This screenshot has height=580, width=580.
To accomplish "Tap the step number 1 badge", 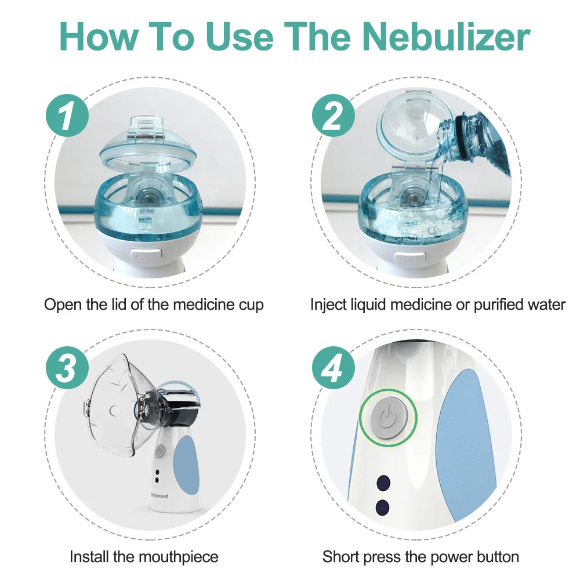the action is (67, 115).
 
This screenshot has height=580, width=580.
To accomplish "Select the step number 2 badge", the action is (333, 115).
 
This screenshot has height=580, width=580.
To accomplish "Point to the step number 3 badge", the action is (67, 368).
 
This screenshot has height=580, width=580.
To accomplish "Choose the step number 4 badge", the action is (333, 368).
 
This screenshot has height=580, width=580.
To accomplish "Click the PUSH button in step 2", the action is (410, 259).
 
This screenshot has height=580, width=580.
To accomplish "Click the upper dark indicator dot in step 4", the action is (383, 483).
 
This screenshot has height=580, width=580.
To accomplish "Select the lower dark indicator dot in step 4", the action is (382, 507).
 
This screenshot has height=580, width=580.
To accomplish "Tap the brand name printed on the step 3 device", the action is (159, 496).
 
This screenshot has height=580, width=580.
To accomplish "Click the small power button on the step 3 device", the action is (159, 451).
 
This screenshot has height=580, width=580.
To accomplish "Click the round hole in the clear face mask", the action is (115, 410).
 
